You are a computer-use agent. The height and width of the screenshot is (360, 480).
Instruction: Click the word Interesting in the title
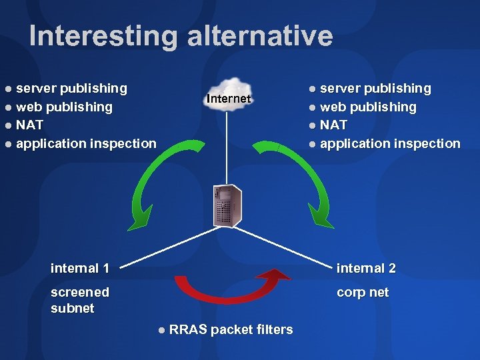(x=104, y=36)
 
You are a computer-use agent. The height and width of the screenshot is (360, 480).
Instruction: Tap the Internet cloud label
(x=229, y=99)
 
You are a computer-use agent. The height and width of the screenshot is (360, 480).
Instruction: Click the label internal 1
(x=80, y=268)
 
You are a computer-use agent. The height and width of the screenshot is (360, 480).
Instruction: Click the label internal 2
(x=366, y=268)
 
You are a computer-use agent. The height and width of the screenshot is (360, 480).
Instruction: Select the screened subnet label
(x=80, y=300)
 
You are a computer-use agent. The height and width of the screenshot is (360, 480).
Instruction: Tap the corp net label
(x=363, y=292)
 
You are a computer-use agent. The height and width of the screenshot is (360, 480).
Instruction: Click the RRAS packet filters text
(x=231, y=329)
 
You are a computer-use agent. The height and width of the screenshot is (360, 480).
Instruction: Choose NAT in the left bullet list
(x=29, y=125)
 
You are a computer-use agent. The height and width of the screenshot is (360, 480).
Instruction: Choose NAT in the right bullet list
(x=333, y=125)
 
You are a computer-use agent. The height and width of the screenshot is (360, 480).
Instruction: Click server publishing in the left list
(x=71, y=88)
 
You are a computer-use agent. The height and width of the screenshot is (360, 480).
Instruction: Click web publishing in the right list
(x=368, y=107)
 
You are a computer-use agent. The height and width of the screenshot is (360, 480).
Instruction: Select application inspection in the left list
(x=86, y=143)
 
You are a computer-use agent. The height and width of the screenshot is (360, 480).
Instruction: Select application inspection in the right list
(x=390, y=143)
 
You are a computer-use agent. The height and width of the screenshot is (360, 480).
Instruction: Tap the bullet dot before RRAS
(x=162, y=329)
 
